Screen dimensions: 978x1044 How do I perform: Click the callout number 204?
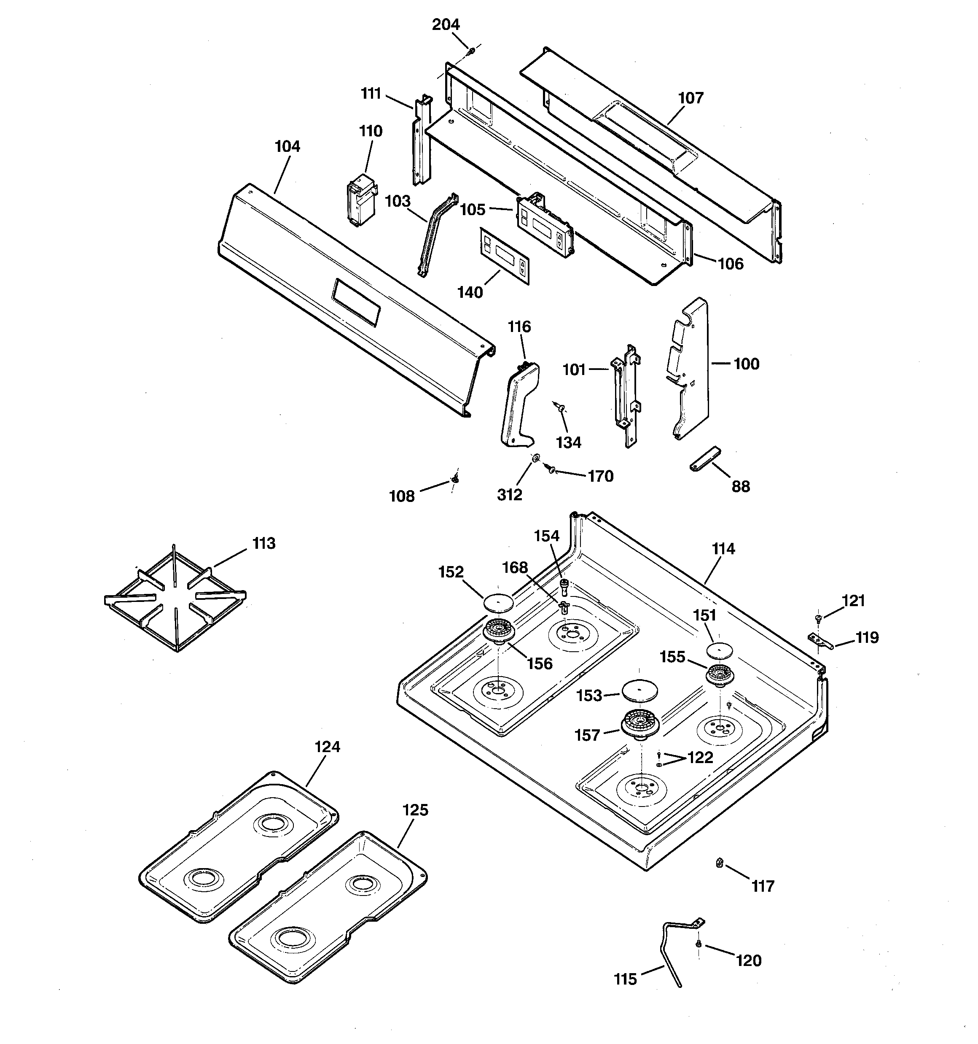coord(446,25)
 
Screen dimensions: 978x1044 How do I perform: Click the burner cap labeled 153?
coord(639,690)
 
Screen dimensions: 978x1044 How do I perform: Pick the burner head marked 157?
coord(640,724)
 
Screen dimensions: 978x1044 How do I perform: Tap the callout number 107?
coord(691,98)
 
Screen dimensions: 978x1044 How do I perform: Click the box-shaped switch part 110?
coord(362,202)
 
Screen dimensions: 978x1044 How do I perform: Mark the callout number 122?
coord(700,757)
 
